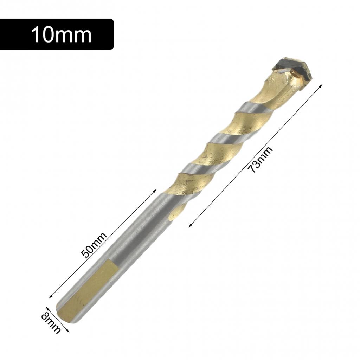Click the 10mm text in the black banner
point(62,35)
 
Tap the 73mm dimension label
point(260,160)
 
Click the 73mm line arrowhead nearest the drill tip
point(321,85)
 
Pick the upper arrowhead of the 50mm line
point(155,190)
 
